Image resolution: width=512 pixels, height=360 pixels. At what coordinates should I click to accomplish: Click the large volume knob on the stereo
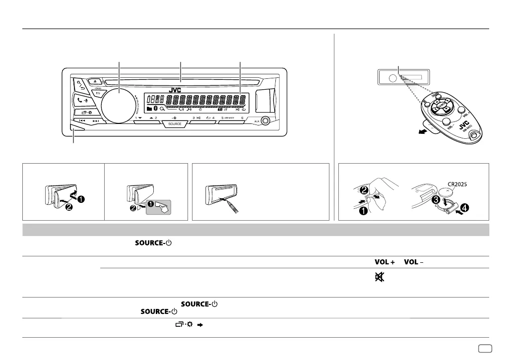pos(119,105)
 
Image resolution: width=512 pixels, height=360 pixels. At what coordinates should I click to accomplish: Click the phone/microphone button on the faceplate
pos(83,99)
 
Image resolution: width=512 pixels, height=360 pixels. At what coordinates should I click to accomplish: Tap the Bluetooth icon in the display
pos(155,108)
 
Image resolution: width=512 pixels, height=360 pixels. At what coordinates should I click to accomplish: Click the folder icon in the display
pos(149,108)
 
